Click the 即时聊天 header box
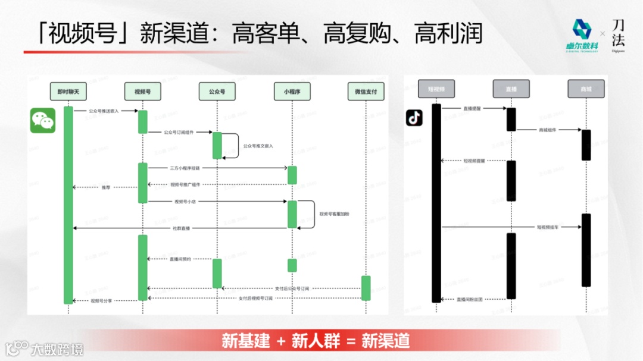[68, 92]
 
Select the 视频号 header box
[143, 92]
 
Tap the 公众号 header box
[217, 92]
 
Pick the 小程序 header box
[292, 92]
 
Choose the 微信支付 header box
[366, 92]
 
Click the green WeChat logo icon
[43, 121]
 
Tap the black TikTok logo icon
[414, 118]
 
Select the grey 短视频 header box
[436, 89]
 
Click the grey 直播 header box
[511, 89]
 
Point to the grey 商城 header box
[586, 89]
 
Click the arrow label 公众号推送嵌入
[104, 111]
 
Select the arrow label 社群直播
[182, 228]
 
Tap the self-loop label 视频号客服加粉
[334, 213]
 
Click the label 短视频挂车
[550, 227]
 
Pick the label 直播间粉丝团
[470, 299]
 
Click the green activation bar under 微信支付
[366, 288]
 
